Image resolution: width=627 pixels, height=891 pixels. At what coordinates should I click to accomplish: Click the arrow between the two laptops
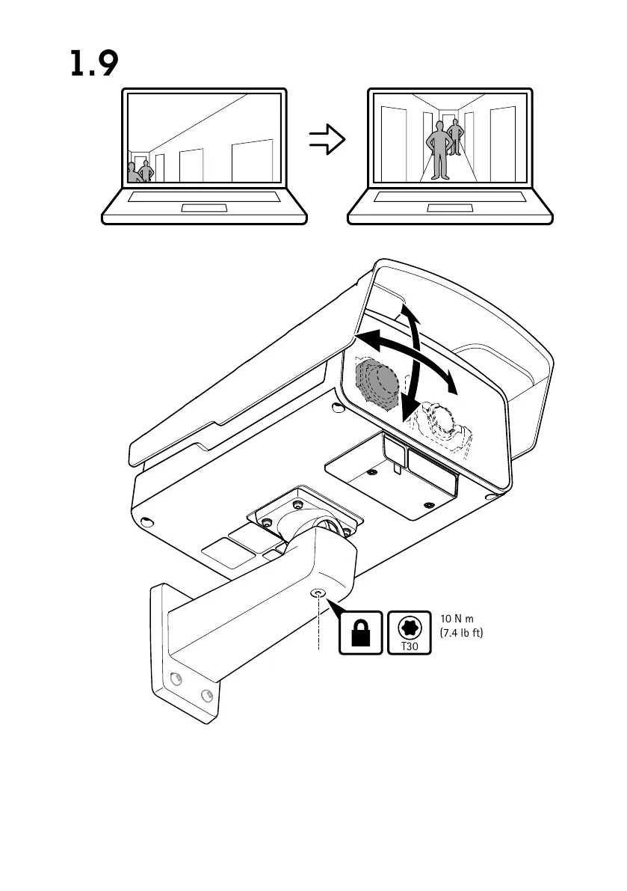327,139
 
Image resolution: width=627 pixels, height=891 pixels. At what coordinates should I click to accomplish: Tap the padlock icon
361,632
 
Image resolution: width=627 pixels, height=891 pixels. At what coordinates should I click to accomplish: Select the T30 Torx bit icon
410,632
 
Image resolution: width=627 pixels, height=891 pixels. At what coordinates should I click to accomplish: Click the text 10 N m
457,619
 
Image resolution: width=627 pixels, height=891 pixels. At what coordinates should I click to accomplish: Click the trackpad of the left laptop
204,207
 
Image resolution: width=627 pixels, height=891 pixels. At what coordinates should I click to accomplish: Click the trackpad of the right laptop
450,207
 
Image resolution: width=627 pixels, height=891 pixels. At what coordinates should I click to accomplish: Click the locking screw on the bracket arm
319,593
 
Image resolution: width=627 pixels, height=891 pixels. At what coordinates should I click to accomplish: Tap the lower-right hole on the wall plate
203,696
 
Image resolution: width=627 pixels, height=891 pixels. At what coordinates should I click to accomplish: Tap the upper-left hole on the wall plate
176,679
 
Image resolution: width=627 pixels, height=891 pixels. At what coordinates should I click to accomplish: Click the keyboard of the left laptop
204,197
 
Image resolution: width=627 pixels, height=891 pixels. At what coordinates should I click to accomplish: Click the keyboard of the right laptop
450,197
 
